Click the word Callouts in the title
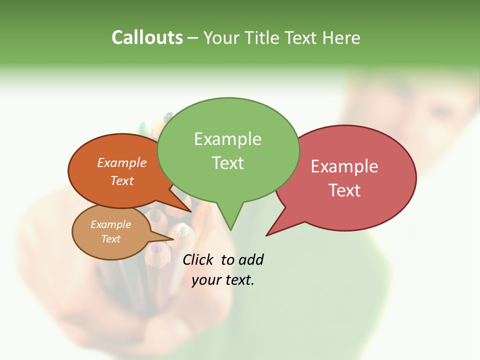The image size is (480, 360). click(x=147, y=37)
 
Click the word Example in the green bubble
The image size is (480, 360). click(x=227, y=139)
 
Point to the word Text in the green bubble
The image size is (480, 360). click(x=227, y=163)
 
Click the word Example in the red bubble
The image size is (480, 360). click(x=344, y=166)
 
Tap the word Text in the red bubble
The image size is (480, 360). click(x=344, y=190)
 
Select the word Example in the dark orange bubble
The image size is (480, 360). click(x=122, y=162)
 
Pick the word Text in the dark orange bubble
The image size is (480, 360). click(x=122, y=180)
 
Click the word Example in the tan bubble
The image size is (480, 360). click(x=110, y=224)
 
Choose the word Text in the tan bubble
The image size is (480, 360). click(x=110, y=239)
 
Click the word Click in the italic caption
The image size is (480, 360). click(x=198, y=259)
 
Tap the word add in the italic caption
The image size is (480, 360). click(x=251, y=259)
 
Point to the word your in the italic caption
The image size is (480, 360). click(x=206, y=280)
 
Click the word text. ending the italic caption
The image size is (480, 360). click(x=239, y=280)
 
